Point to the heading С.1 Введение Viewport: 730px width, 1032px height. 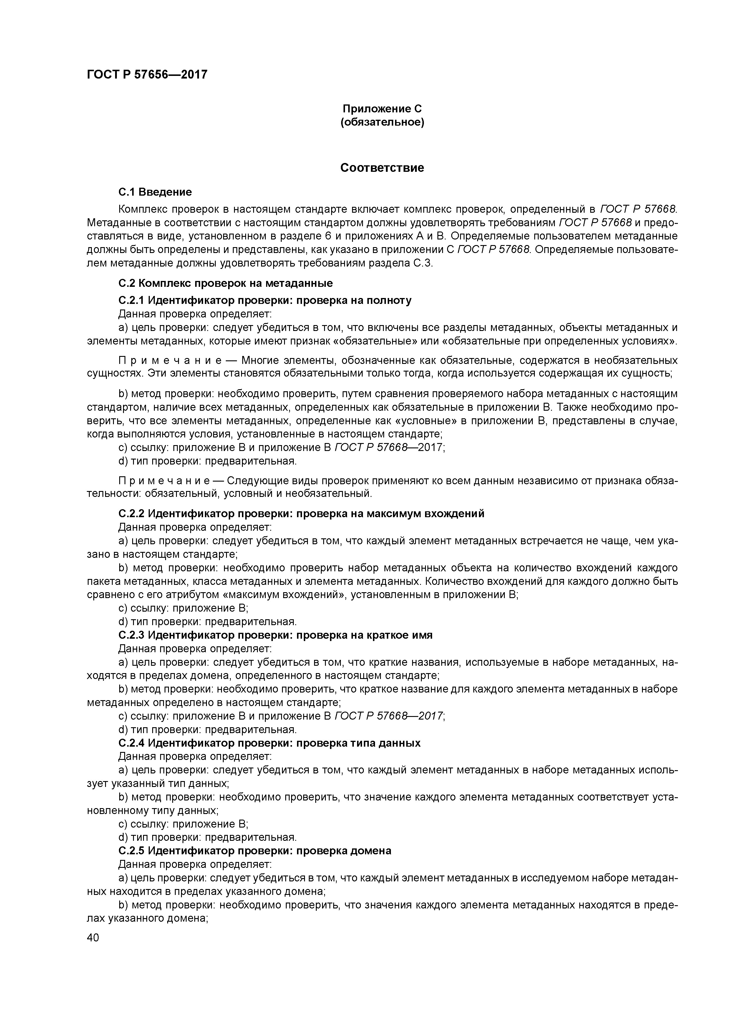point(155,192)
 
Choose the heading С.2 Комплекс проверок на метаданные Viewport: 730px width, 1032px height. point(225,283)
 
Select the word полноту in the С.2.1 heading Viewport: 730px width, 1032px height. point(389,300)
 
